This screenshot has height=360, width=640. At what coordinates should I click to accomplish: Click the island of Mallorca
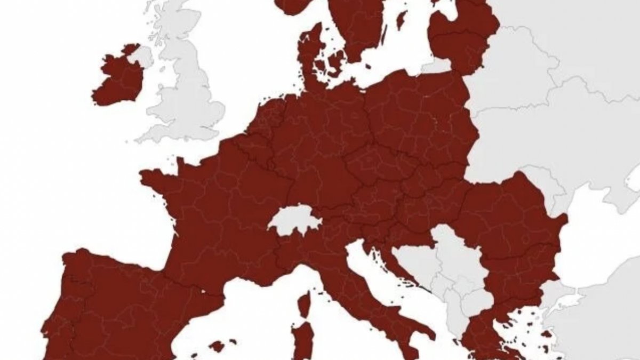click(x=217, y=346)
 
